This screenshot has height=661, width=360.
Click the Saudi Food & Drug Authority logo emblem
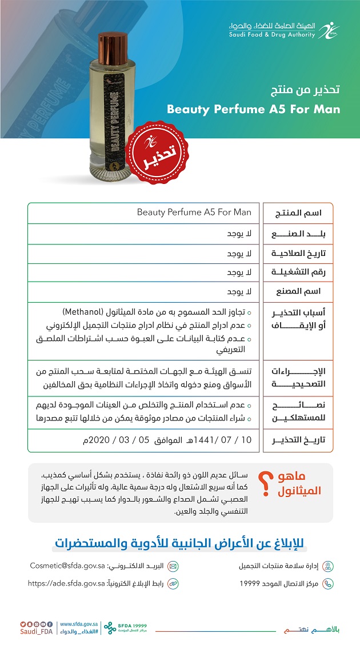click(329, 30)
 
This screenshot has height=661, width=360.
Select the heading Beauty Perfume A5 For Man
click(253, 109)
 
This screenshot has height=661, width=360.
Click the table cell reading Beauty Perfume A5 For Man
click(194, 213)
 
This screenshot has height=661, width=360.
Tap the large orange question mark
click(265, 484)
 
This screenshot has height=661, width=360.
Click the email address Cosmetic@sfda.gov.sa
click(67, 566)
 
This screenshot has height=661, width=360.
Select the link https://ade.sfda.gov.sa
click(66, 583)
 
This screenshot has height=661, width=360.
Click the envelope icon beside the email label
click(173, 566)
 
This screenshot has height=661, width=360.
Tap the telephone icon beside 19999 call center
click(327, 583)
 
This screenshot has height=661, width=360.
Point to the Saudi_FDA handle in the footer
click(36, 631)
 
